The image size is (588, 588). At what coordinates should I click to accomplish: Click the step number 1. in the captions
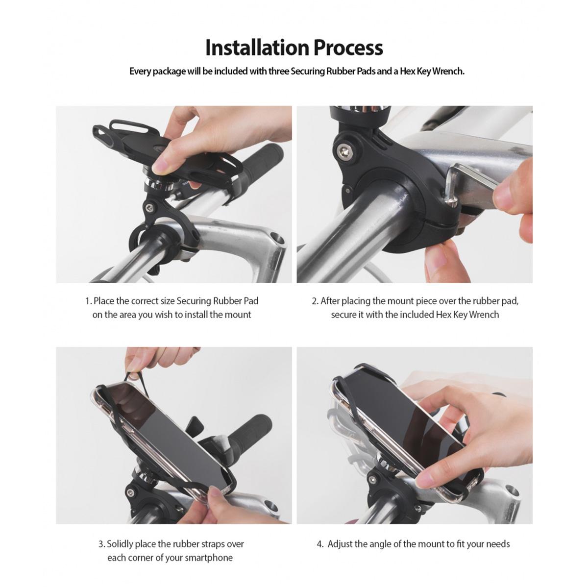(x=89, y=301)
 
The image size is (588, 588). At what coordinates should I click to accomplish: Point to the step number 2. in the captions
(x=315, y=301)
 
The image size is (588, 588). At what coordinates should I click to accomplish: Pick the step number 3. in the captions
(x=101, y=544)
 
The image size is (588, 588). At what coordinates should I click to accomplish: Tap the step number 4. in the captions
(x=320, y=544)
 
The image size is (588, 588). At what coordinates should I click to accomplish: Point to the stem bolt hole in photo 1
(x=276, y=240)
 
